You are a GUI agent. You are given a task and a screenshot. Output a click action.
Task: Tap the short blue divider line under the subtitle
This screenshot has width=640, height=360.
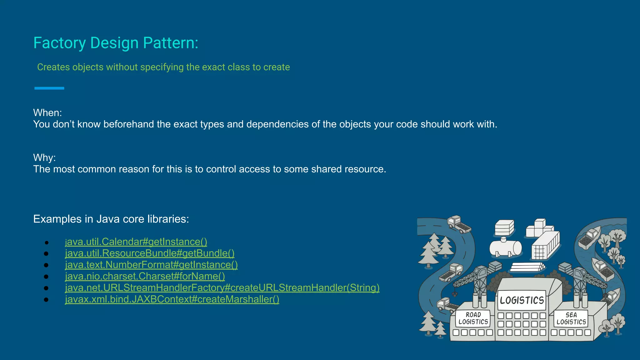tap(49, 88)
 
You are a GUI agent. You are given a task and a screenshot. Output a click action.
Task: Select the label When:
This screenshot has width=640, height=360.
tap(47, 113)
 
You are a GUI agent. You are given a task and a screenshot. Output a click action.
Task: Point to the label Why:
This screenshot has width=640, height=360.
tap(44, 157)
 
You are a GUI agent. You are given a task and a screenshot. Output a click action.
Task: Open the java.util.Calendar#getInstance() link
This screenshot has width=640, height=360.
tap(136, 242)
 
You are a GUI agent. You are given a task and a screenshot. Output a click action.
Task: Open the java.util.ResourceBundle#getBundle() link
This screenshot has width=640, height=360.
tap(150, 253)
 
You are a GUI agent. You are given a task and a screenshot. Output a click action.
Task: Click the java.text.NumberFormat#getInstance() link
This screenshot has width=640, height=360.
tap(151, 265)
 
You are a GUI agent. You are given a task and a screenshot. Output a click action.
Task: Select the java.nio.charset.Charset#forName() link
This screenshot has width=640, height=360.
tap(145, 276)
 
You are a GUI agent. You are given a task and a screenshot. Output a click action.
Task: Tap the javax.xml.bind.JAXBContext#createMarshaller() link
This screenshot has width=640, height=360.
tap(172, 299)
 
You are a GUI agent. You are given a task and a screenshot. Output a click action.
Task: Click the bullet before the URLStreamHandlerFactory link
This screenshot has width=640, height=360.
tap(46, 288)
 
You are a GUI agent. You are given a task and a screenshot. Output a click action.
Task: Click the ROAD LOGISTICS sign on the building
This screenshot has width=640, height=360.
tap(473, 318)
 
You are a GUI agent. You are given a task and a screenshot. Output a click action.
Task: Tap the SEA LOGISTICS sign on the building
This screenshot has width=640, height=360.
tap(571, 318)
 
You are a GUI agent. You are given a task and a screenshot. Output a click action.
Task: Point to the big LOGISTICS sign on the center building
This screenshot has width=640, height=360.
tap(522, 300)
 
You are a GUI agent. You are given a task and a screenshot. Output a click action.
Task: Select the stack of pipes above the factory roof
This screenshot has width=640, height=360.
tap(527, 267)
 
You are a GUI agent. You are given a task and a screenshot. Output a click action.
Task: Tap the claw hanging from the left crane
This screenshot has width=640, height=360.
tap(455, 294)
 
